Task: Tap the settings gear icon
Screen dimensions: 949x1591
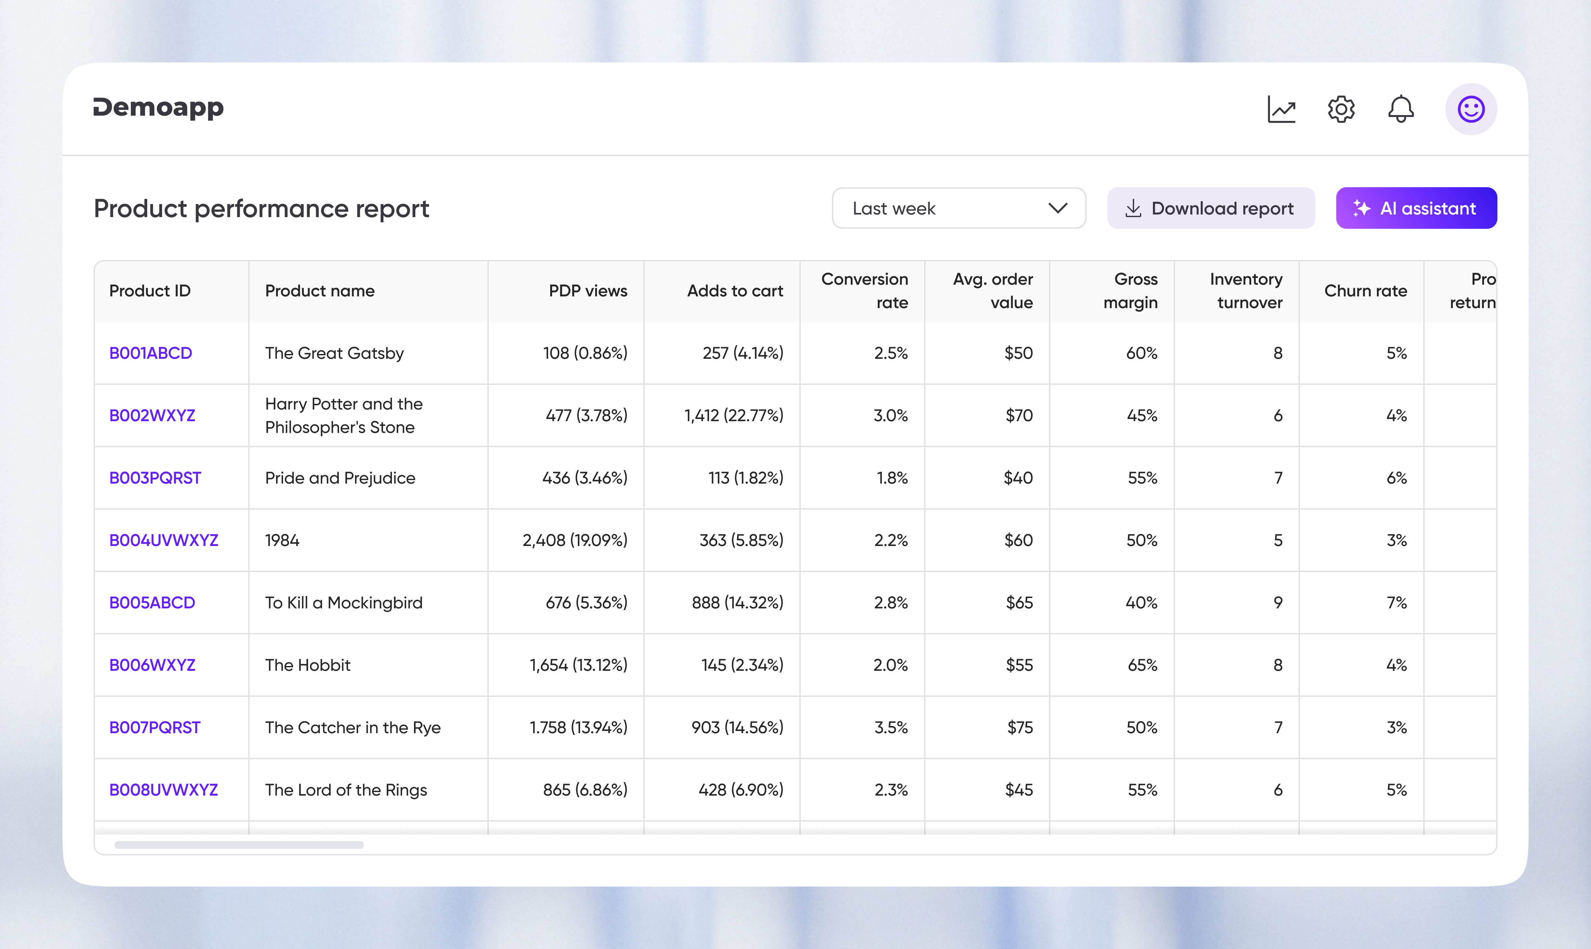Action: click(x=1340, y=109)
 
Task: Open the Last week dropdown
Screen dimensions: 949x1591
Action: click(x=958, y=208)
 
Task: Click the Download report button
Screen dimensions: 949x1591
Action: click(x=1211, y=208)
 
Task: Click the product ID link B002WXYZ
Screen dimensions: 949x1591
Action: click(x=152, y=416)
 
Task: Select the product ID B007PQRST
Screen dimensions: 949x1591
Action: click(x=155, y=728)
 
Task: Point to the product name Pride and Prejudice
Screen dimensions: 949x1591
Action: click(x=340, y=478)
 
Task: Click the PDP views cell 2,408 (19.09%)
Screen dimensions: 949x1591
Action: click(x=575, y=540)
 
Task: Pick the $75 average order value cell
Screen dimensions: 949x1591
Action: click(x=1019, y=728)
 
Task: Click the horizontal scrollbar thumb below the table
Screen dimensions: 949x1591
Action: click(x=239, y=845)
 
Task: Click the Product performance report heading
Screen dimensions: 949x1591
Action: click(x=262, y=208)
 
